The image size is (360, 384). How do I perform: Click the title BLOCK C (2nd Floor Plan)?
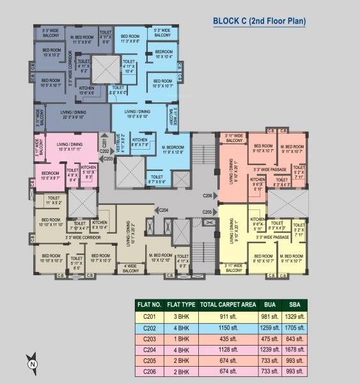click(x=259, y=21)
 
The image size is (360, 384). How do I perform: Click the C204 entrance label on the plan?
click(x=164, y=209)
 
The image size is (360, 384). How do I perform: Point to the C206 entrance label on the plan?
click(x=207, y=195)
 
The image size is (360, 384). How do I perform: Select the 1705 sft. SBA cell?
click(x=295, y=327)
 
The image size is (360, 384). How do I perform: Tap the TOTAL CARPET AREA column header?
click(x=224, y=305)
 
